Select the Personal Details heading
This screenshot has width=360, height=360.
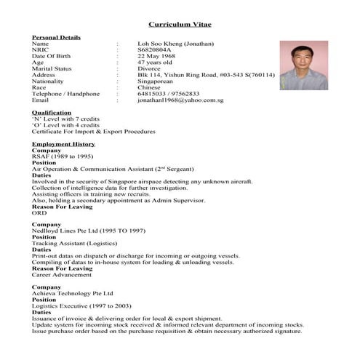[x=56, y=37]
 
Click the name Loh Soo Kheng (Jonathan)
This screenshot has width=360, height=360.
[x=175, y=44]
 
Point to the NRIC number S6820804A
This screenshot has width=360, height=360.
[x=157, y=49]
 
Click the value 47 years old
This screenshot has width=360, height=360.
[x=156, y=63]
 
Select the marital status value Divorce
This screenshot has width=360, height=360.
[x=151, y=68]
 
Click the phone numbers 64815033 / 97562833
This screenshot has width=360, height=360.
[x=169, y=94]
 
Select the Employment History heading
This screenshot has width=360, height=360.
[x=63, y=144]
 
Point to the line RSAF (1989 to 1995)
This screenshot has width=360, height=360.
[x=61, y=156]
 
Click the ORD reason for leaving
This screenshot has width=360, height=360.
[x=39, y=212]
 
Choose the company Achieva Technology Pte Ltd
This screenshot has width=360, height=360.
[x=73, y=293]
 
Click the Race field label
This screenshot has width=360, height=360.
[x=39, y=87]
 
